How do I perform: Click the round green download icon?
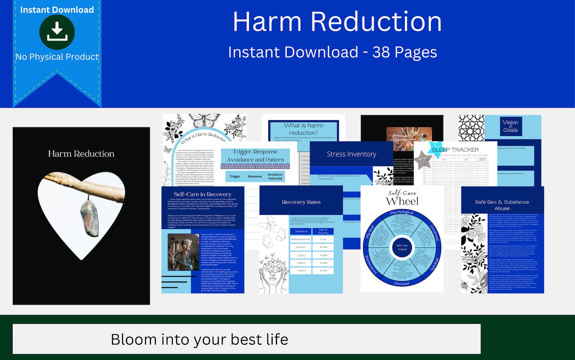pyautogui.click(x=57, y=32)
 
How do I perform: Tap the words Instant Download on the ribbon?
pyautogui.click(x=57, y=10)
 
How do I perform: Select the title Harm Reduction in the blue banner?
pyautogui.click(x=337, y=22)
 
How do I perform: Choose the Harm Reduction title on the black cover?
pyautogui.click(x=81, y=154)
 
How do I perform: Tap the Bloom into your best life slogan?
pyautogui.click(x=199, y=339)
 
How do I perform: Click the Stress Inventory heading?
pyautogui.click(x=351, y=154)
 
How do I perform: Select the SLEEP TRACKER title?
pyautogui.click(x=455, y=149)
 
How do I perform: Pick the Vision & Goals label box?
pyautogui.click(x=510, y=126)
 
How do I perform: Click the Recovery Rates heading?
pyautogui.click(x=301, y=202)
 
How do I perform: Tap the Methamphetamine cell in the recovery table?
pyautogui.click(x=301, y=239)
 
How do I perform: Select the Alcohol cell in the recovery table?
pyautogui.click(x=301, y=270)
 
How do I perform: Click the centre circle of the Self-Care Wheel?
pyautogui.click(x=402, y=247)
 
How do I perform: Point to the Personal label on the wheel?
pyautogui.click(x=402, y=284)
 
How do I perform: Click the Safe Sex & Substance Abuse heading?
pyautogui.click(x=502, y=205)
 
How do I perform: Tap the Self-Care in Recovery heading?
pyautogui.click(x=202, y=194)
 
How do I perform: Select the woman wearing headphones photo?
pyautogui.click(x=183, y=252)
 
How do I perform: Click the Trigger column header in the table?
pyautogui.click(x=235, y=176)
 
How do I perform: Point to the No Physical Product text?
pyautogui.click(x=57, y=57)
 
